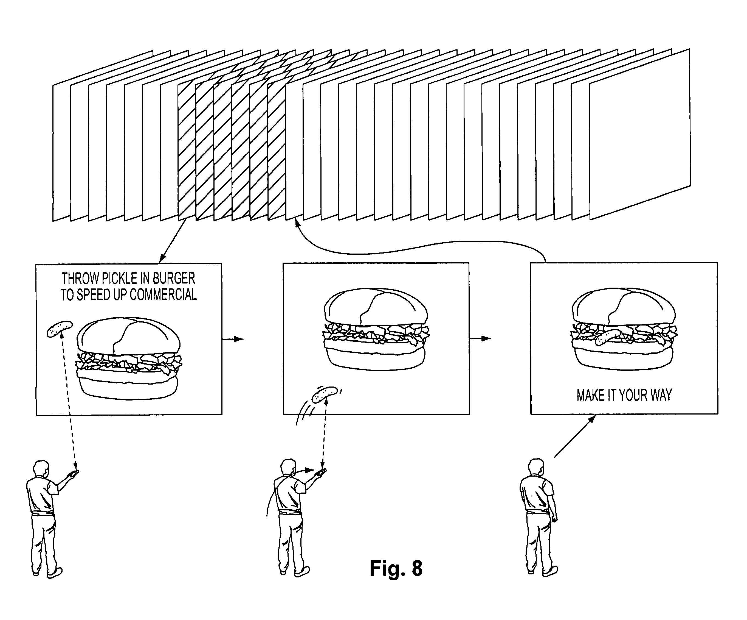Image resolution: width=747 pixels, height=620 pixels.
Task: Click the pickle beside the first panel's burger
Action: click(60, 329)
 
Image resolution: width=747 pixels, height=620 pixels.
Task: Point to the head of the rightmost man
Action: click(536, 468)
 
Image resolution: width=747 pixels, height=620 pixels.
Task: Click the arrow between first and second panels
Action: click(233, 339)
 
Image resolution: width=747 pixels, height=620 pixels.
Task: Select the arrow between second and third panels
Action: click(480, 338)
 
